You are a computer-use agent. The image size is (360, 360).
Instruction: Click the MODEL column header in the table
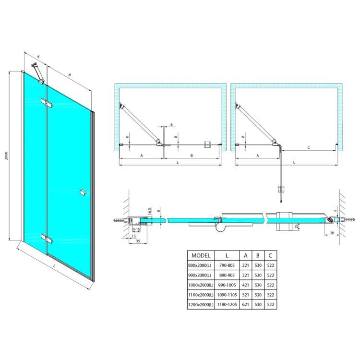tap(201, 255)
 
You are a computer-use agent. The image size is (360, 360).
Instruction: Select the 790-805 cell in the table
tap(227, 265)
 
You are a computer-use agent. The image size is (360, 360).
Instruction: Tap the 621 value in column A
tap(245, 304)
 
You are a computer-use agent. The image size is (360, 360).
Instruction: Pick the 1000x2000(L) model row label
tap(201, 285)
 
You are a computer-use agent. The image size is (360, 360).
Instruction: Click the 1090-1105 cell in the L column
tap(227, 295)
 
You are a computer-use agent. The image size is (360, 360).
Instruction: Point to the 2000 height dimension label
tap(6, 156)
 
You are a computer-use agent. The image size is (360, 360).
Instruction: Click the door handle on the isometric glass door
tap(83, 192)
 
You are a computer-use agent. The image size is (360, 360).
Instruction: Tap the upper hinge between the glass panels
tap(47, 103)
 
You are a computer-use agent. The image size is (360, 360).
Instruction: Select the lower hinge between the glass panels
tap(47, 238)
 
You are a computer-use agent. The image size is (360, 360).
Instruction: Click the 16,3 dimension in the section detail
tap(149, 212)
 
